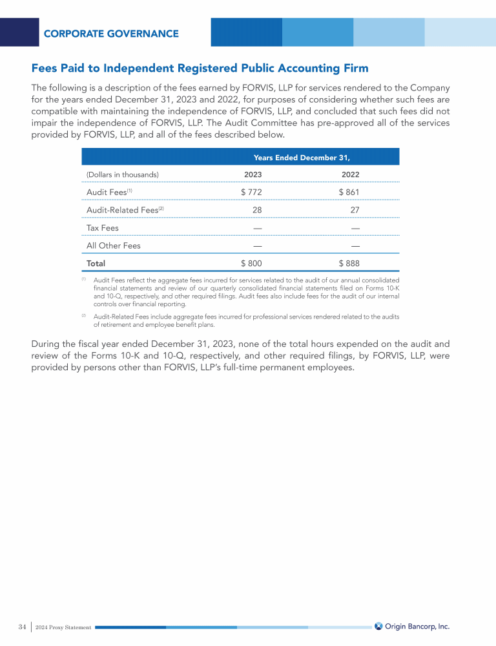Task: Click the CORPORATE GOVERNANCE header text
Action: click(111, 34)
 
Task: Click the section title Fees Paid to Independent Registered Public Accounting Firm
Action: click(200, 68)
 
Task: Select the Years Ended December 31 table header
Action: click(302, 157)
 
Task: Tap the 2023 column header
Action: click(253, 174)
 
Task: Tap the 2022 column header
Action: click(350, 174)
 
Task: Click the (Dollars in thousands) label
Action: click(123, 174)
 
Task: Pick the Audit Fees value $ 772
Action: click(251, 192)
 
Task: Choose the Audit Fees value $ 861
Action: click(349, 192)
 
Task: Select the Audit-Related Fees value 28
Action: click(257, 210)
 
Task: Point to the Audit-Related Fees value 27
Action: click(355, 210)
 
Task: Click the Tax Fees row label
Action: click(103, 228)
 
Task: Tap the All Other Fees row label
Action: click(114, 245)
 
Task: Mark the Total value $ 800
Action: click(251, 264)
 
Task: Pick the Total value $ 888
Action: click(349, 264)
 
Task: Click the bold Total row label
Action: click(96, 264)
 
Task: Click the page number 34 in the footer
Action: click(22, 627)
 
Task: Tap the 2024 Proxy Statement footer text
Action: click(63, 627)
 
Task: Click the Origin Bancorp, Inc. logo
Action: click(412, 626)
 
